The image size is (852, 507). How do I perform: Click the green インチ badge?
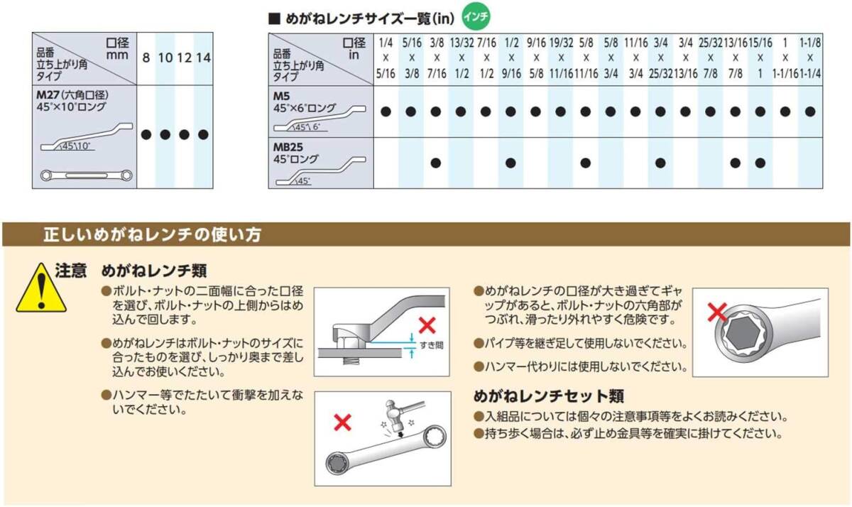[476, 17]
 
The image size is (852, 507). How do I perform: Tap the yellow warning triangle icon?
[41, 288]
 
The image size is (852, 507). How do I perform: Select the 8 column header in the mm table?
[146, 58]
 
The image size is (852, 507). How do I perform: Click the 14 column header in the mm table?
[204, 58]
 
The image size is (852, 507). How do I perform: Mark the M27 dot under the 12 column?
[184, 135]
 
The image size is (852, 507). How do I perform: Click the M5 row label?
[281, 97]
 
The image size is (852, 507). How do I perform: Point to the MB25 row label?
[288, 147]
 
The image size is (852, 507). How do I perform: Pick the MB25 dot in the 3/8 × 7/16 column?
[435, 163]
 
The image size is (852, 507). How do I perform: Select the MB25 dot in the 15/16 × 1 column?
[760, 163]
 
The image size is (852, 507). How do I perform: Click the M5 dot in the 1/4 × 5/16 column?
[386, 111]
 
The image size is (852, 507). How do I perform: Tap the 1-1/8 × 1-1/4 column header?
[810, 58]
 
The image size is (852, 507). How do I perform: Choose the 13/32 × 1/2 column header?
[461, 58]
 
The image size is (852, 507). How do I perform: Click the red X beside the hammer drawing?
[342, 422]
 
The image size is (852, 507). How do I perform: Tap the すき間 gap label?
[432, 345]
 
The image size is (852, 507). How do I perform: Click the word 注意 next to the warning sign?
[71, 271]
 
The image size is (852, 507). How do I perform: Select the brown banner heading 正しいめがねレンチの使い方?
[153, 234]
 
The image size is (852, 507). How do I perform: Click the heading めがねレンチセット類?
[548, 396]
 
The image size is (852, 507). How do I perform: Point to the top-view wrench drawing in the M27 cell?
[87, 175]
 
